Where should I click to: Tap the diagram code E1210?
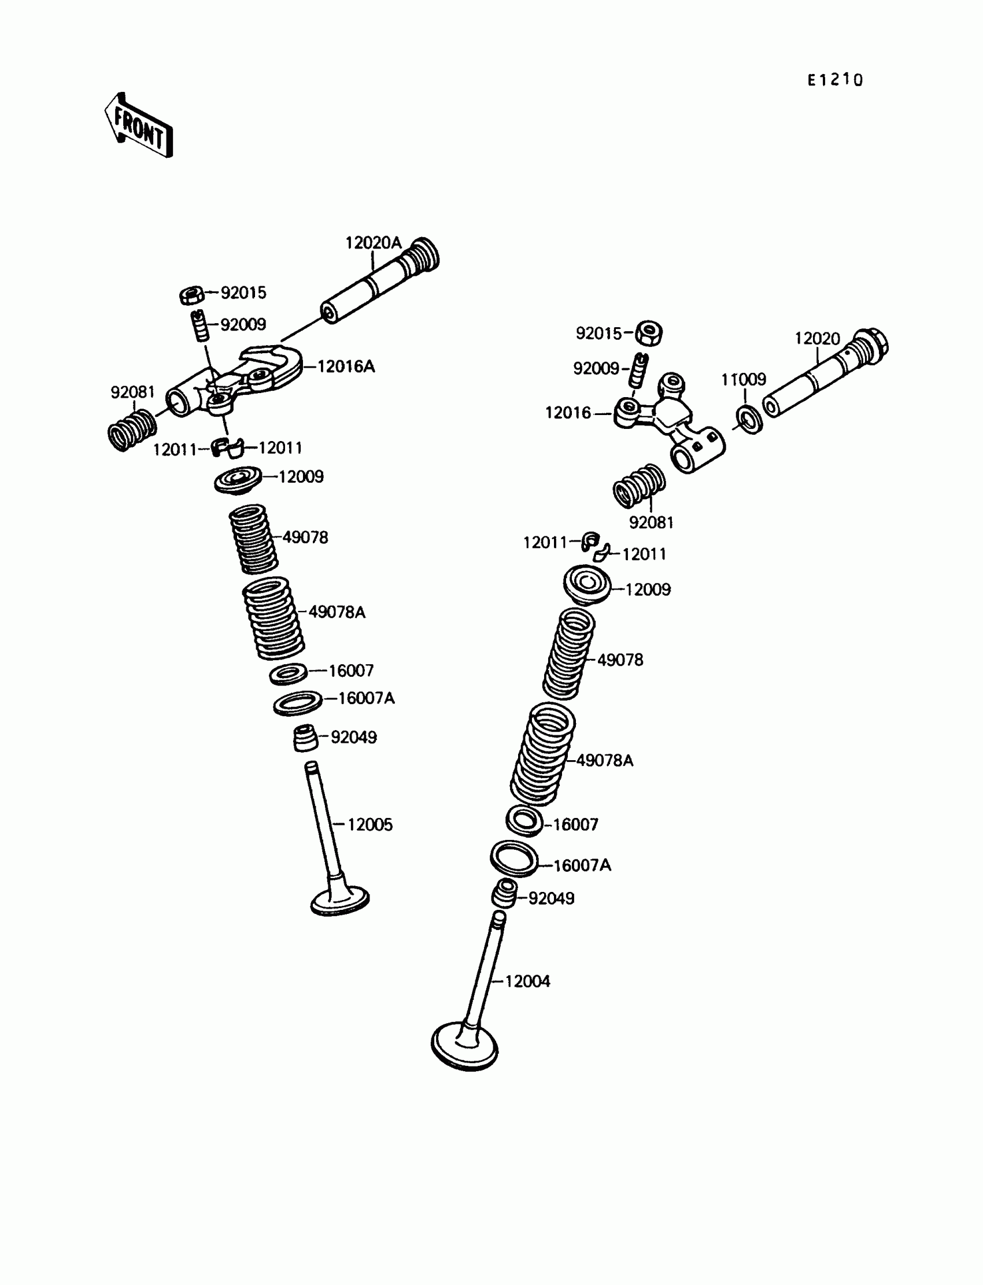834,80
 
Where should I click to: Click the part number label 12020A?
373,243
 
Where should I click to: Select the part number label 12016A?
345,366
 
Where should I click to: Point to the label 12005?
370,825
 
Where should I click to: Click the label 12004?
527,982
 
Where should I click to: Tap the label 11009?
743,380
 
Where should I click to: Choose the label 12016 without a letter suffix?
568,413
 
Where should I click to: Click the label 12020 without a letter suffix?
817,339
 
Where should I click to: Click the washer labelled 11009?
749,419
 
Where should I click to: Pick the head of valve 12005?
340,901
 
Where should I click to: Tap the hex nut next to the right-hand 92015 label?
649,334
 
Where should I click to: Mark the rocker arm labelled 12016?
667,421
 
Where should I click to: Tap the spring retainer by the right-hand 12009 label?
587,585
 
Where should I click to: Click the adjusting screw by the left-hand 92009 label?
199,325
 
